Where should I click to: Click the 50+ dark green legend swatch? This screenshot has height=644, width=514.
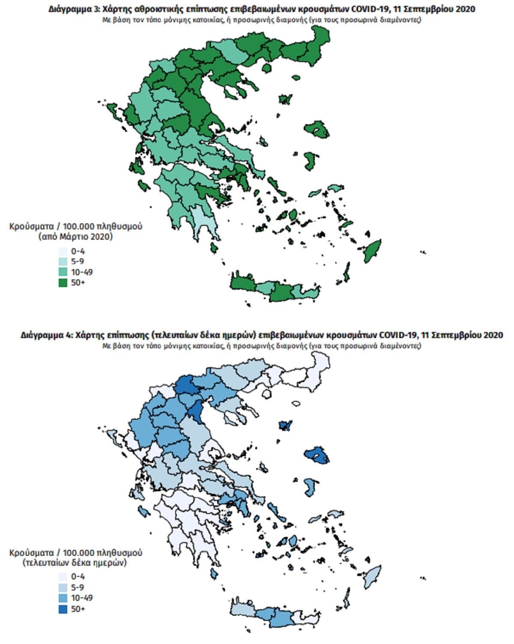click(x=63, y=282)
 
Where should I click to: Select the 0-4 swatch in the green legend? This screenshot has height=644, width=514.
click(x=63, y=251)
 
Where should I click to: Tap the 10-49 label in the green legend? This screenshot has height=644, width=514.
click(x=81, y=272)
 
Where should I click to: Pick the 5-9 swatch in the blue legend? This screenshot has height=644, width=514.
click(x=63, y=588)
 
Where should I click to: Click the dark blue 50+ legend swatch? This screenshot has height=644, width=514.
click(x=63, y=608)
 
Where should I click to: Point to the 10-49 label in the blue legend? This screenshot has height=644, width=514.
click(x=81, y=598)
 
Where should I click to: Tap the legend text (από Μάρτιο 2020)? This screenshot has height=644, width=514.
click(x=75, y=237)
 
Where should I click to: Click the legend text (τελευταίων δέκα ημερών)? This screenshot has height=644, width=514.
click(x=75, y=563)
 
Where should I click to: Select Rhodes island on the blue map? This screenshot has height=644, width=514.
click(x=373, y=576)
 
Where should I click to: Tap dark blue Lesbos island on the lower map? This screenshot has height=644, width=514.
click(x=317, y=455)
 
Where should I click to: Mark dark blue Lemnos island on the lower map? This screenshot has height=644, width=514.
click(x=285, y=425)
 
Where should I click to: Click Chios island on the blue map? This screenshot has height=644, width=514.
click(x=310, y=487)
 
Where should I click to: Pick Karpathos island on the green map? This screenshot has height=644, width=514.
click(x=346, y=273)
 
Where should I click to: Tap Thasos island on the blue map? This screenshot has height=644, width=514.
click(x=267, y=394)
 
